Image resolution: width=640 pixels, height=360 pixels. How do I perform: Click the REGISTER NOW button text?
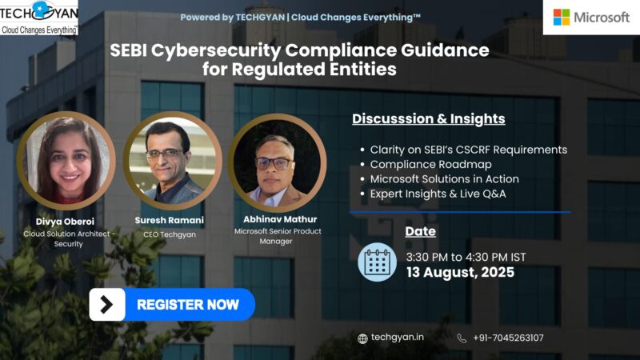pos(187,305)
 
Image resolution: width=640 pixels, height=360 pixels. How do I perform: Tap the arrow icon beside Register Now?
pos(106,305)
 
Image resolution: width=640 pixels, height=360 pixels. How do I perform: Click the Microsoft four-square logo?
pos(562,17)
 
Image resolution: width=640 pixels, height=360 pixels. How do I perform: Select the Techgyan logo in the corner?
pos(39,18)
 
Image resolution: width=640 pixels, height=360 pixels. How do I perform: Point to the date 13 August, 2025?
pos(459,272)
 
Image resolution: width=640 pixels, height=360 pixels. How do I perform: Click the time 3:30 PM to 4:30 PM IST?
pos(466,257)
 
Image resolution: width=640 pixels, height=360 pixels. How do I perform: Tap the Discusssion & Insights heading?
pos(428,119)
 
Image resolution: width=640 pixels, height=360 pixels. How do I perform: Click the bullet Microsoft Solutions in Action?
pos(444,178)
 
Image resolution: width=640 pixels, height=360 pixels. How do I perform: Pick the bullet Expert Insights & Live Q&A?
pos(438,194)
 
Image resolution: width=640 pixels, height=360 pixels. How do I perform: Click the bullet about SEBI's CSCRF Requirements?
pos(468,150)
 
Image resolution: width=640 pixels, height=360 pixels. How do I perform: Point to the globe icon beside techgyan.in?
pos(363,338)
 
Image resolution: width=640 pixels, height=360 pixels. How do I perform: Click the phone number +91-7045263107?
pos(507,338)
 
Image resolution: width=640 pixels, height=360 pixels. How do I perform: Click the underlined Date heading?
pos(420,231)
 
